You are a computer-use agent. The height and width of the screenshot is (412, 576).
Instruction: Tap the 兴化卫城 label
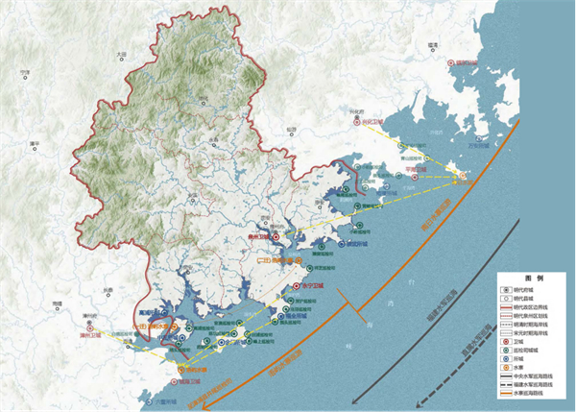[371, 123]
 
